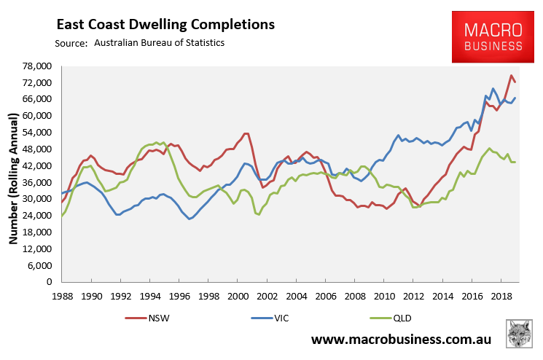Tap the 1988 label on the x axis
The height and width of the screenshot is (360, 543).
[x=62, y=297]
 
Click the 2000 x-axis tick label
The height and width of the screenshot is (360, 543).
[x=238, y=297]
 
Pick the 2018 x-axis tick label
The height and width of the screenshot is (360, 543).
[x=501, y=297]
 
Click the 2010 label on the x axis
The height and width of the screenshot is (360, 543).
[x=383, y=297]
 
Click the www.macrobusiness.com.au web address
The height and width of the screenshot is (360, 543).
[x=402, y=340]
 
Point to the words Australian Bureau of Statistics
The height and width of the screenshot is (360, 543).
[x=159, y=43]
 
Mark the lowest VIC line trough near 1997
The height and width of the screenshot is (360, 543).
[x=190, y=219]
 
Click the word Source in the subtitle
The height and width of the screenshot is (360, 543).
[x=71, y=43]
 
